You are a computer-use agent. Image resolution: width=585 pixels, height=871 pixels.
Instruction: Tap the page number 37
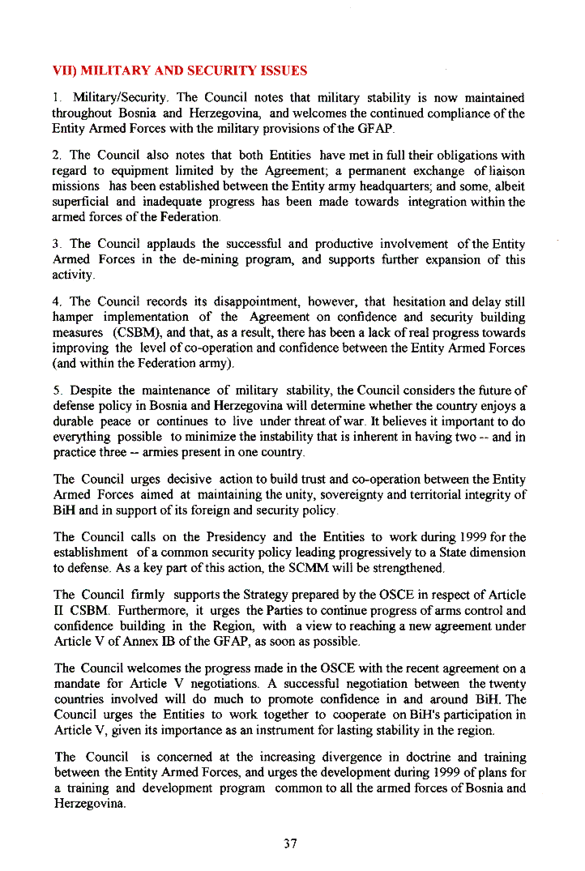pyautogui.click(x=291, y=843)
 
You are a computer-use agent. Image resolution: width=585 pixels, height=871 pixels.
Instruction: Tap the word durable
pyautogui.click(x=72, y=421)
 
